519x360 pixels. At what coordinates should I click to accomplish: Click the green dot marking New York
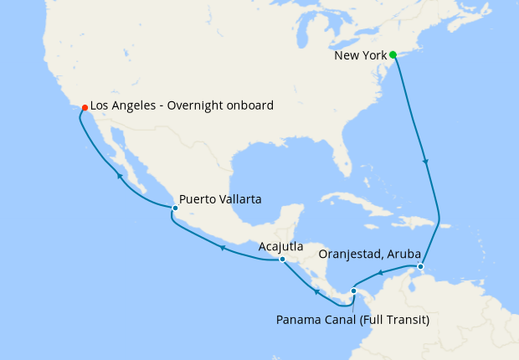(393, 55)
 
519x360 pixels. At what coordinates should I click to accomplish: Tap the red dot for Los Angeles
(85, 106)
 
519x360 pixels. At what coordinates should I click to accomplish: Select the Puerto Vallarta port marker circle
(174, 208)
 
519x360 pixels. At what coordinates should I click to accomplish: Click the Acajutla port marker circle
(282, 260)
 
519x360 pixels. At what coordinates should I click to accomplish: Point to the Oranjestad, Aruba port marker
(421, 267)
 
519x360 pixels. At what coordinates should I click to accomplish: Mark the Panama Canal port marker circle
(353, 291)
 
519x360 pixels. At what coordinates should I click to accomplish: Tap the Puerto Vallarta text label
(220, 200)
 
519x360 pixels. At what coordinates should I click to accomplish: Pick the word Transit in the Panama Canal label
(400, 318)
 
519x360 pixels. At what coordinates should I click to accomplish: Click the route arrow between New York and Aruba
(427, 162)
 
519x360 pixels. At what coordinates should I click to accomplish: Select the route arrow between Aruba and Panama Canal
(380, 272)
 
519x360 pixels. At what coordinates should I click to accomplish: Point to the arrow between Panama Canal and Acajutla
(316, 291)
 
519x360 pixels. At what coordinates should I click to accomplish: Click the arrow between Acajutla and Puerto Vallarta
(223, 248)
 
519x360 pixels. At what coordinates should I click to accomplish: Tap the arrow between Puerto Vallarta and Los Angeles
(120, 177)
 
